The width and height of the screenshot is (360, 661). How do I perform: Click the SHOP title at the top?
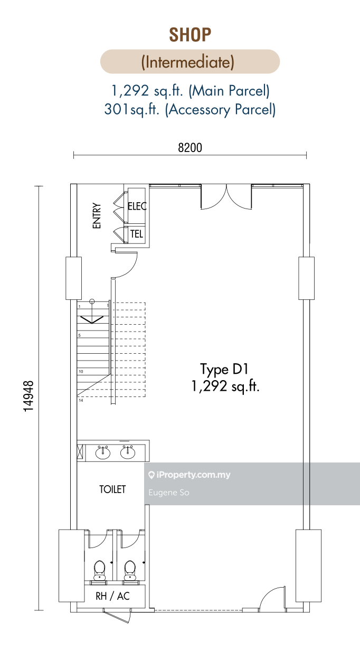190,35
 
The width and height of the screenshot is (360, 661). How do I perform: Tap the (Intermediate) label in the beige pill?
188,62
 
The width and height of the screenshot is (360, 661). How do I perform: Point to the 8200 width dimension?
190,147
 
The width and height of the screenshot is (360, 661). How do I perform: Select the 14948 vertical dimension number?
29,396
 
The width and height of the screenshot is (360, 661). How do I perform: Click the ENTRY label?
97,215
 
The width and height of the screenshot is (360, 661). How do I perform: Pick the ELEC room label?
137,206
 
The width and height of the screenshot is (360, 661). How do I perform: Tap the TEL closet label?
137,234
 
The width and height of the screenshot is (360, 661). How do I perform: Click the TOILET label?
112,489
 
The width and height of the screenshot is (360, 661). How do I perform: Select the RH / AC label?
113,596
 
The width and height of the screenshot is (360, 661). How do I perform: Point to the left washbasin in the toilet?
103,452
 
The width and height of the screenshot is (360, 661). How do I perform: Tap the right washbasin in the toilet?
128,452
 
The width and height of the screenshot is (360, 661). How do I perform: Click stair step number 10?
81,371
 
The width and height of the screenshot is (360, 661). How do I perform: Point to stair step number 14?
81,400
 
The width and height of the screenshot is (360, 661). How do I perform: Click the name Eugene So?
169,492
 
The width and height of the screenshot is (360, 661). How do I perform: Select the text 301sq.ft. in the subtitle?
131,109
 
